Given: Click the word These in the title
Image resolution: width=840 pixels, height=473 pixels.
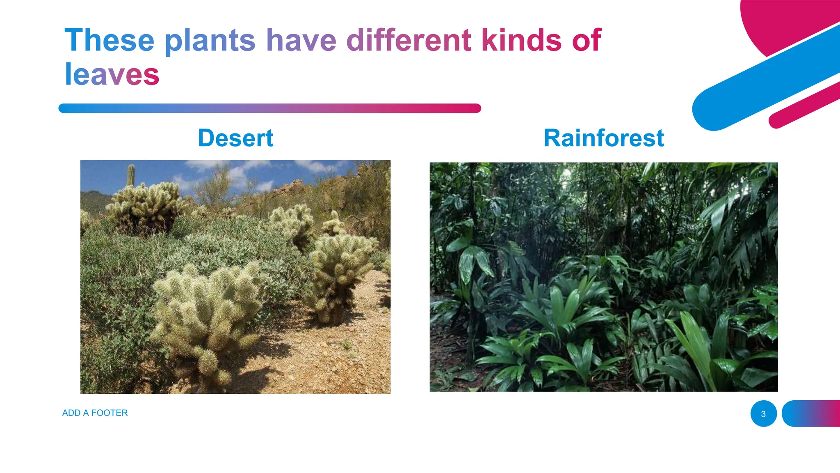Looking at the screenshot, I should pyautogui.click(x=109, y=40).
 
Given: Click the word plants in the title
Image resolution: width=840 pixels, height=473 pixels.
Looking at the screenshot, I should pyautogui.click(x=210, y=40).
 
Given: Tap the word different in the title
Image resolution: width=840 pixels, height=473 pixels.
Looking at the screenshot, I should pyautogui.click(x=409, y=40).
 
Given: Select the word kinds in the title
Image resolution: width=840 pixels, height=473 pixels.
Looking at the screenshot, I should pyautogui.click(x=521, y=40).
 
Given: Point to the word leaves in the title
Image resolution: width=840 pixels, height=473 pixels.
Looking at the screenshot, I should pyautogui.click(x=112, y=75).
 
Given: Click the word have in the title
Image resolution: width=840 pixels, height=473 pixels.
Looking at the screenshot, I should pyautogui.click(x=301, y=40).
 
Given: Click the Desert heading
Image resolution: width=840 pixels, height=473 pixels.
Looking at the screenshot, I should pyautogui.click(x=235, y=138).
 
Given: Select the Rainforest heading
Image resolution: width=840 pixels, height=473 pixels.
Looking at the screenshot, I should pyautogui.click(x=603, y=138).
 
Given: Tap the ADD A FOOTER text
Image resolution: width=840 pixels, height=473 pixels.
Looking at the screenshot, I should pyautogui.click(x=95, y=413).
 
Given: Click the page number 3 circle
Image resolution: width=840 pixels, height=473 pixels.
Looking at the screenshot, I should pyautogui.click(x=763, y=413).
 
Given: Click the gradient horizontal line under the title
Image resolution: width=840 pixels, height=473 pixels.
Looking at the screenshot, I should pyautogui.click(x=269, y=108).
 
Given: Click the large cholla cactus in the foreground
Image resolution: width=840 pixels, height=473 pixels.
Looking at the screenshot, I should pyautogui.click(x=207, y=312).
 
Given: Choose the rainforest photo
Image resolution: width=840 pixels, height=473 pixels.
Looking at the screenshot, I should pyautogui.click(x=603, y=277).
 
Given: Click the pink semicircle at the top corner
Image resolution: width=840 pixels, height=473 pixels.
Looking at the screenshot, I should pyautogui.click(x=779, y=21).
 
